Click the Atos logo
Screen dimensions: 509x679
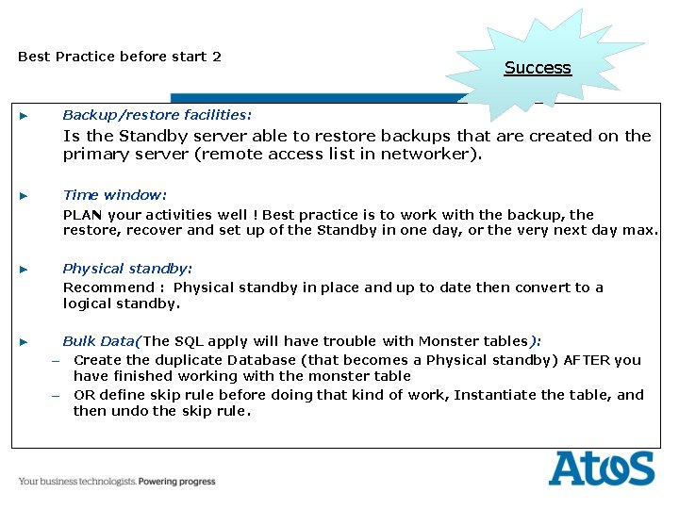coord(601,468)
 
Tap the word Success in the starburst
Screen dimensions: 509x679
coord(538,68)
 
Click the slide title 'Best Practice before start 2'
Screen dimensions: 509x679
coord(120,57)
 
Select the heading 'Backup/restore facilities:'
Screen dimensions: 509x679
coord(157,115)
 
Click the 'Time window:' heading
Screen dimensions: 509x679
coord(114,195)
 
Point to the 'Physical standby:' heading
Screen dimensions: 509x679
coord(127,269)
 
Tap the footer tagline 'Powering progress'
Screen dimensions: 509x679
coord(177,482)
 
